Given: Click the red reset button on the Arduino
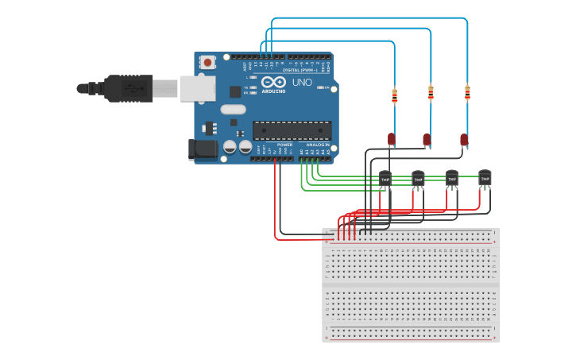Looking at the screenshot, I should pyautogui.click(x=207, y=61).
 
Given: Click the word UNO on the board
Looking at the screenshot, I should pyautogui.click(x=302, y=83).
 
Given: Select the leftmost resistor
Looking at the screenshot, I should pyautogui.click(x=394, y=96).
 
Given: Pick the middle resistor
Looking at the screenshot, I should pyautogui.click(x=431, y=94).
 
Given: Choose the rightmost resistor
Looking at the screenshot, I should pyautogui.click(x=467, y=93).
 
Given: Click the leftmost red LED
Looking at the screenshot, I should pyautogui.click(x=391, y=139).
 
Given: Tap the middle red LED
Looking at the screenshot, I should pyautogui.click(x=427, y=140).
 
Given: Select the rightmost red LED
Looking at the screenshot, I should pyautogui.click(x=464, y=140).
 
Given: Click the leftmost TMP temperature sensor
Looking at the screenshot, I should pyautogui.click(x=385, y=180).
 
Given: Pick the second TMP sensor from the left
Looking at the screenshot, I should pyautogui.click(x=418, y=180).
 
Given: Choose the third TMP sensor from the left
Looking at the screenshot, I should pyautogui.click(x=452, y=180).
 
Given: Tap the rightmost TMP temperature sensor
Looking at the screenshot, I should pyautogui.click(x=485, y=180).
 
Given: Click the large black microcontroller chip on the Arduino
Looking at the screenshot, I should pyautogui.click(x=292, y=130).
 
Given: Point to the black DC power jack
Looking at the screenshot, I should pyautogui.click(x=201, y=149).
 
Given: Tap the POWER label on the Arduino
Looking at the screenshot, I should pyautogui.click(x=284, y=145).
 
